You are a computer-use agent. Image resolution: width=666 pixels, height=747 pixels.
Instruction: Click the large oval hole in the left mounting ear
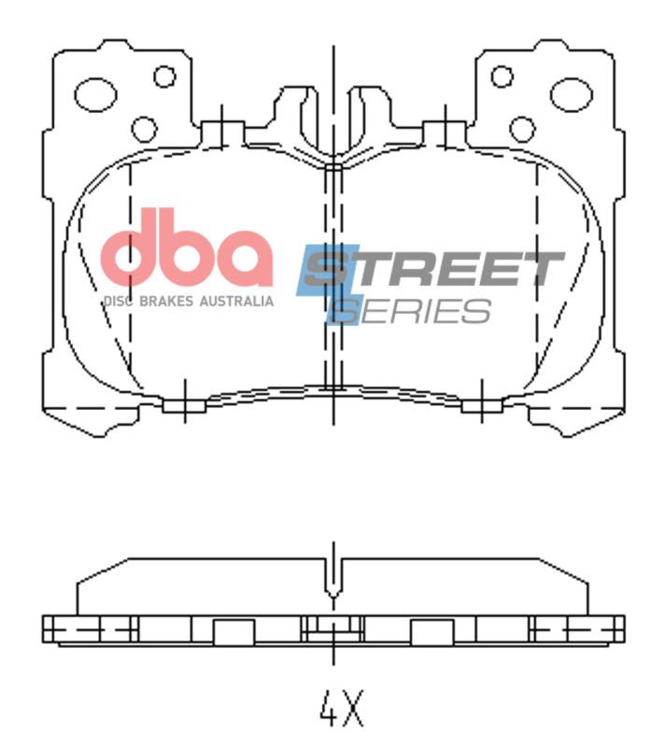(95, 92)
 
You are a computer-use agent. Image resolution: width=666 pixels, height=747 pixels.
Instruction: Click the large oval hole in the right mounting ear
(571, 92)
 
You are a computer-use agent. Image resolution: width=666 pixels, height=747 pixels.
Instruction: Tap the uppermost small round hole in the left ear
(164, 77)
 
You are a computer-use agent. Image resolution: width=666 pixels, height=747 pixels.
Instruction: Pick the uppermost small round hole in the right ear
(502, 77)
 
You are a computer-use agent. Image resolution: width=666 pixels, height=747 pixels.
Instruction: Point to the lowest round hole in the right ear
(522, 128)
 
